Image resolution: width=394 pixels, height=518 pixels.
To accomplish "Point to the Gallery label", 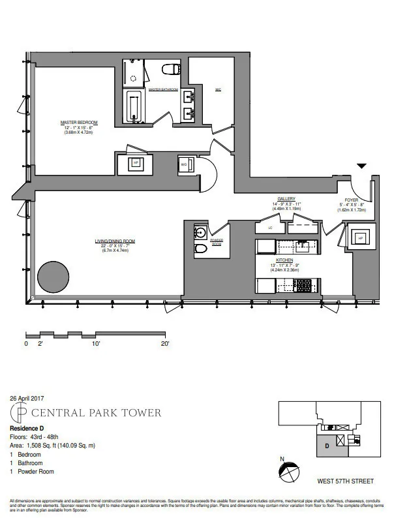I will pos(286,199).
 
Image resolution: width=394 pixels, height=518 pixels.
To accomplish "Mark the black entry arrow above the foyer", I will pos(362,167).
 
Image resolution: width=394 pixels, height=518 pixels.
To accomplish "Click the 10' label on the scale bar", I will pos(95,343).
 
